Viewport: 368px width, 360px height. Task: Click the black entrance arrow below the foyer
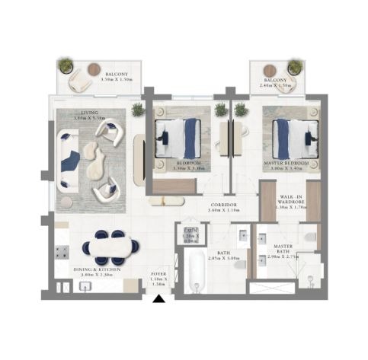(x=158, y=299)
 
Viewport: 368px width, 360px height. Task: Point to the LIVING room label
(x=69, y=113)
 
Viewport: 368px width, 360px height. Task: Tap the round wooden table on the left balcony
(x=94, y=69)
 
